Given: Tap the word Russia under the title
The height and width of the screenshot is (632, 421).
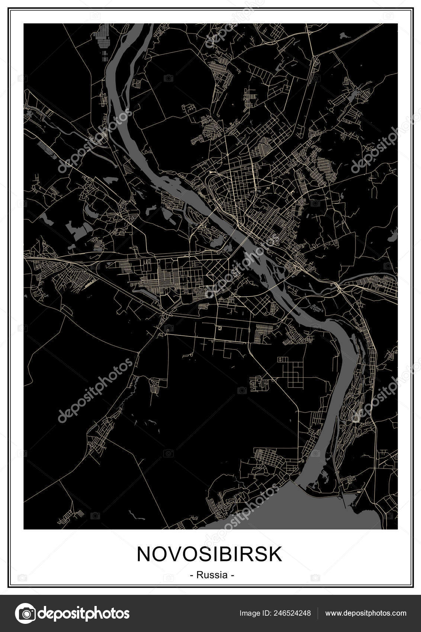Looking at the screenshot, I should coord(212,575).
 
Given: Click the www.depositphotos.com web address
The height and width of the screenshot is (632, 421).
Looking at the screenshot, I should coord(366,613).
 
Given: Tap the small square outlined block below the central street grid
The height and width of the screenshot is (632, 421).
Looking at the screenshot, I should coord(220,328).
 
